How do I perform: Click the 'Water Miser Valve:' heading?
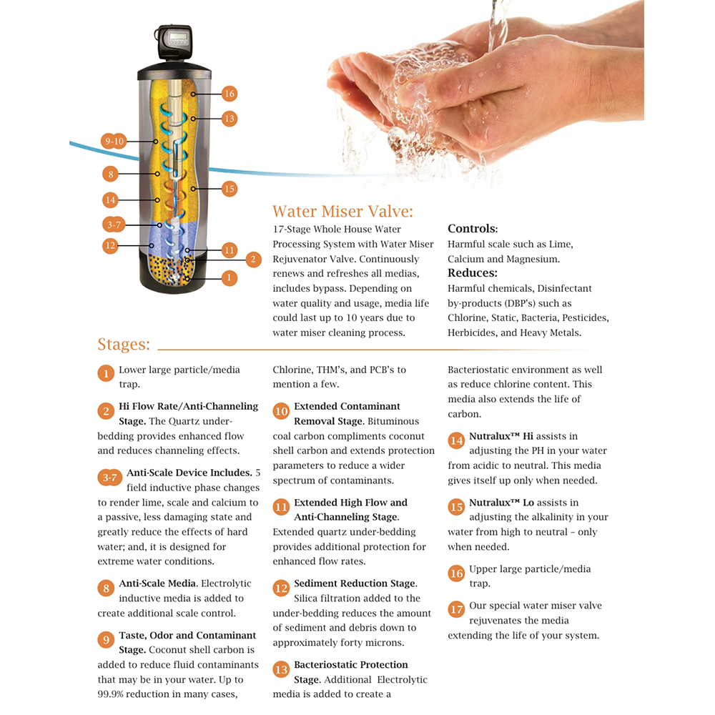pyautogui.click(x=343, y=212)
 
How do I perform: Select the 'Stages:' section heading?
pyautogui.click(x=124, y=345)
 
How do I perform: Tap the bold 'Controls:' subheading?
pyautogui.click(x=473, y=229)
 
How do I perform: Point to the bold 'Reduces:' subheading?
pyautogui.click(x=473, y=272)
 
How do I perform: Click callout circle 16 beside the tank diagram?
pyautogui.click(x=230, y=94)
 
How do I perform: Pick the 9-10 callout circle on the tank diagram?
pyautogui.click(x=114, y=142)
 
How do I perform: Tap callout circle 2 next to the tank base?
pyautogui.click(x=253, y=260)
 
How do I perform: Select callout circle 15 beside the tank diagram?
pyautogui.click(x=230, y=189)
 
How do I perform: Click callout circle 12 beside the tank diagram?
pyautogui.click(x=110, y=246)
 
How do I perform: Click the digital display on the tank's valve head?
pyautogui.click(x=178, y=36)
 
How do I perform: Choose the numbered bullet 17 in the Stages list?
pyautogui.click(x=456, y=610)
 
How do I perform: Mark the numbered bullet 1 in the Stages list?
pyautogui.click(x=106, y=374)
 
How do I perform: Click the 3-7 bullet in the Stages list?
pyautogui.click(x=110, y=478)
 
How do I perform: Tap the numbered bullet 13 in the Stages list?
pyautogui.click(x=281, y=669)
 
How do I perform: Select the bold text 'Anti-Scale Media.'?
pyautogui.click(x=158, y=583)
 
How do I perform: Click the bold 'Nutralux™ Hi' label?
pyautogui.click(x=501, y=436)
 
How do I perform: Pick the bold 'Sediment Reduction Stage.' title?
pyautogui.click(x=355, y=583)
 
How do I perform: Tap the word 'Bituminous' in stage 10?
pyautogui.click(x=393, y=421)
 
